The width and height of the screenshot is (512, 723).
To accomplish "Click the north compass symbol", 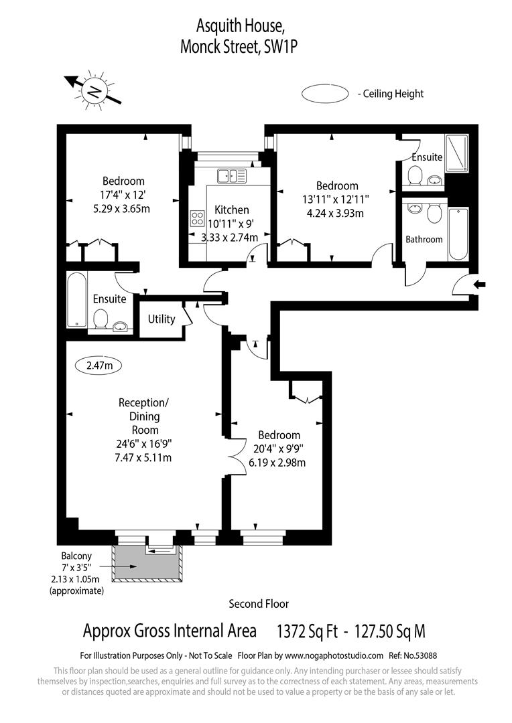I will (x=94, y=90).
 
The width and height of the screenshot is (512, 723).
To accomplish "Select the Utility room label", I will (x=162, y=319).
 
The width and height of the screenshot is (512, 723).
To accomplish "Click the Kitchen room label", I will (x=231, y=210).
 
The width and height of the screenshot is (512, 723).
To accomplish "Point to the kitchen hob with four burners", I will (x=198, y=218).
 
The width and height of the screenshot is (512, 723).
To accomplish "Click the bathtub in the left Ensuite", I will (x=77, y=299).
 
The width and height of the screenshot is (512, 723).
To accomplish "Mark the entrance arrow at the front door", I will (x=481, y=285).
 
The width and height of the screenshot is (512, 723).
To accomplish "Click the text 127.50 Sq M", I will (x=389, y=631).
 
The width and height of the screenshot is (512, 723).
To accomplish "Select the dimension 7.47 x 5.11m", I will (x=144, y=458).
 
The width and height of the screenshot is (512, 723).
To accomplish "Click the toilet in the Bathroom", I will (x=434, y=214).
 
